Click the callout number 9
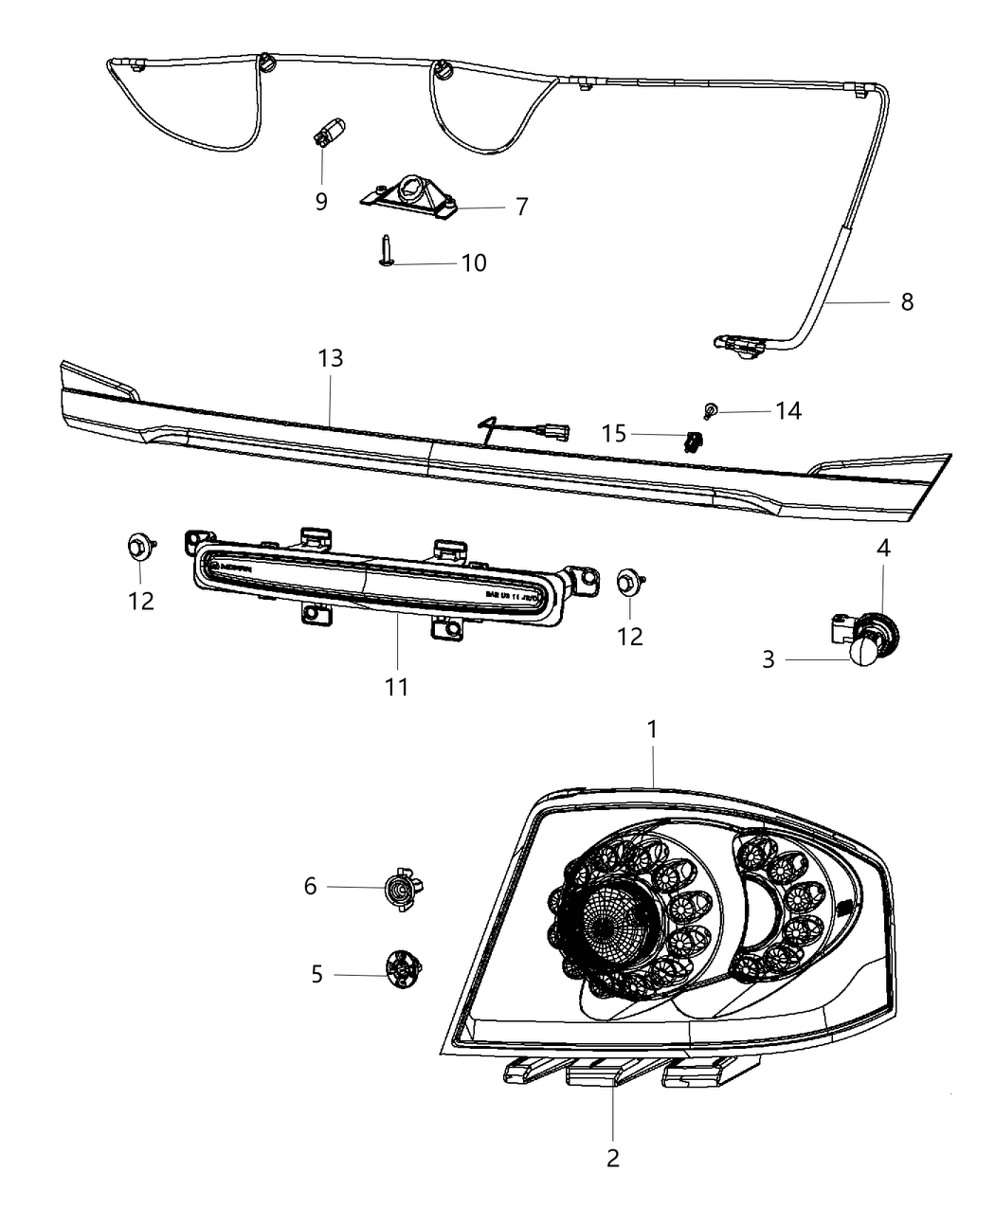point(321,202)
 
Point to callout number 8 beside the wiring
point(907,302)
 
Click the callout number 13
point(331,359)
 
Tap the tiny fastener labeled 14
point(710,409)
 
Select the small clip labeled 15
point(696,440)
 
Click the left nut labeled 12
point(138,547)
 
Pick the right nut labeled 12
point(627,580)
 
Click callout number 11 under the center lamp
point(396,685)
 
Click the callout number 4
point(882,549)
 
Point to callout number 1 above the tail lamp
point(652,730)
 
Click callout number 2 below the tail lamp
point(612,1157)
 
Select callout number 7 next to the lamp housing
point(521,207)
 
